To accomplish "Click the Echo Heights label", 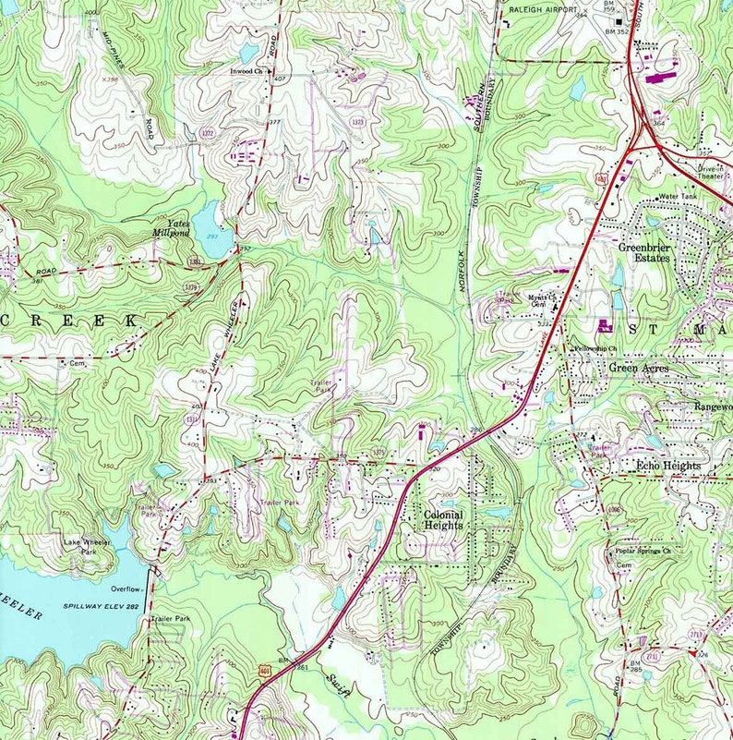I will pos(668,467).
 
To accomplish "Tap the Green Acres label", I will pos(641,368).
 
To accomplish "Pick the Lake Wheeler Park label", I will pos(87,546).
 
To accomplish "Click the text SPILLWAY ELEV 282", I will pos(101,605).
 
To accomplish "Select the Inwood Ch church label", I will pos(248,70).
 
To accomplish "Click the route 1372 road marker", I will pos(208,134).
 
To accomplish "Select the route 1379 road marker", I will pos(191,287).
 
